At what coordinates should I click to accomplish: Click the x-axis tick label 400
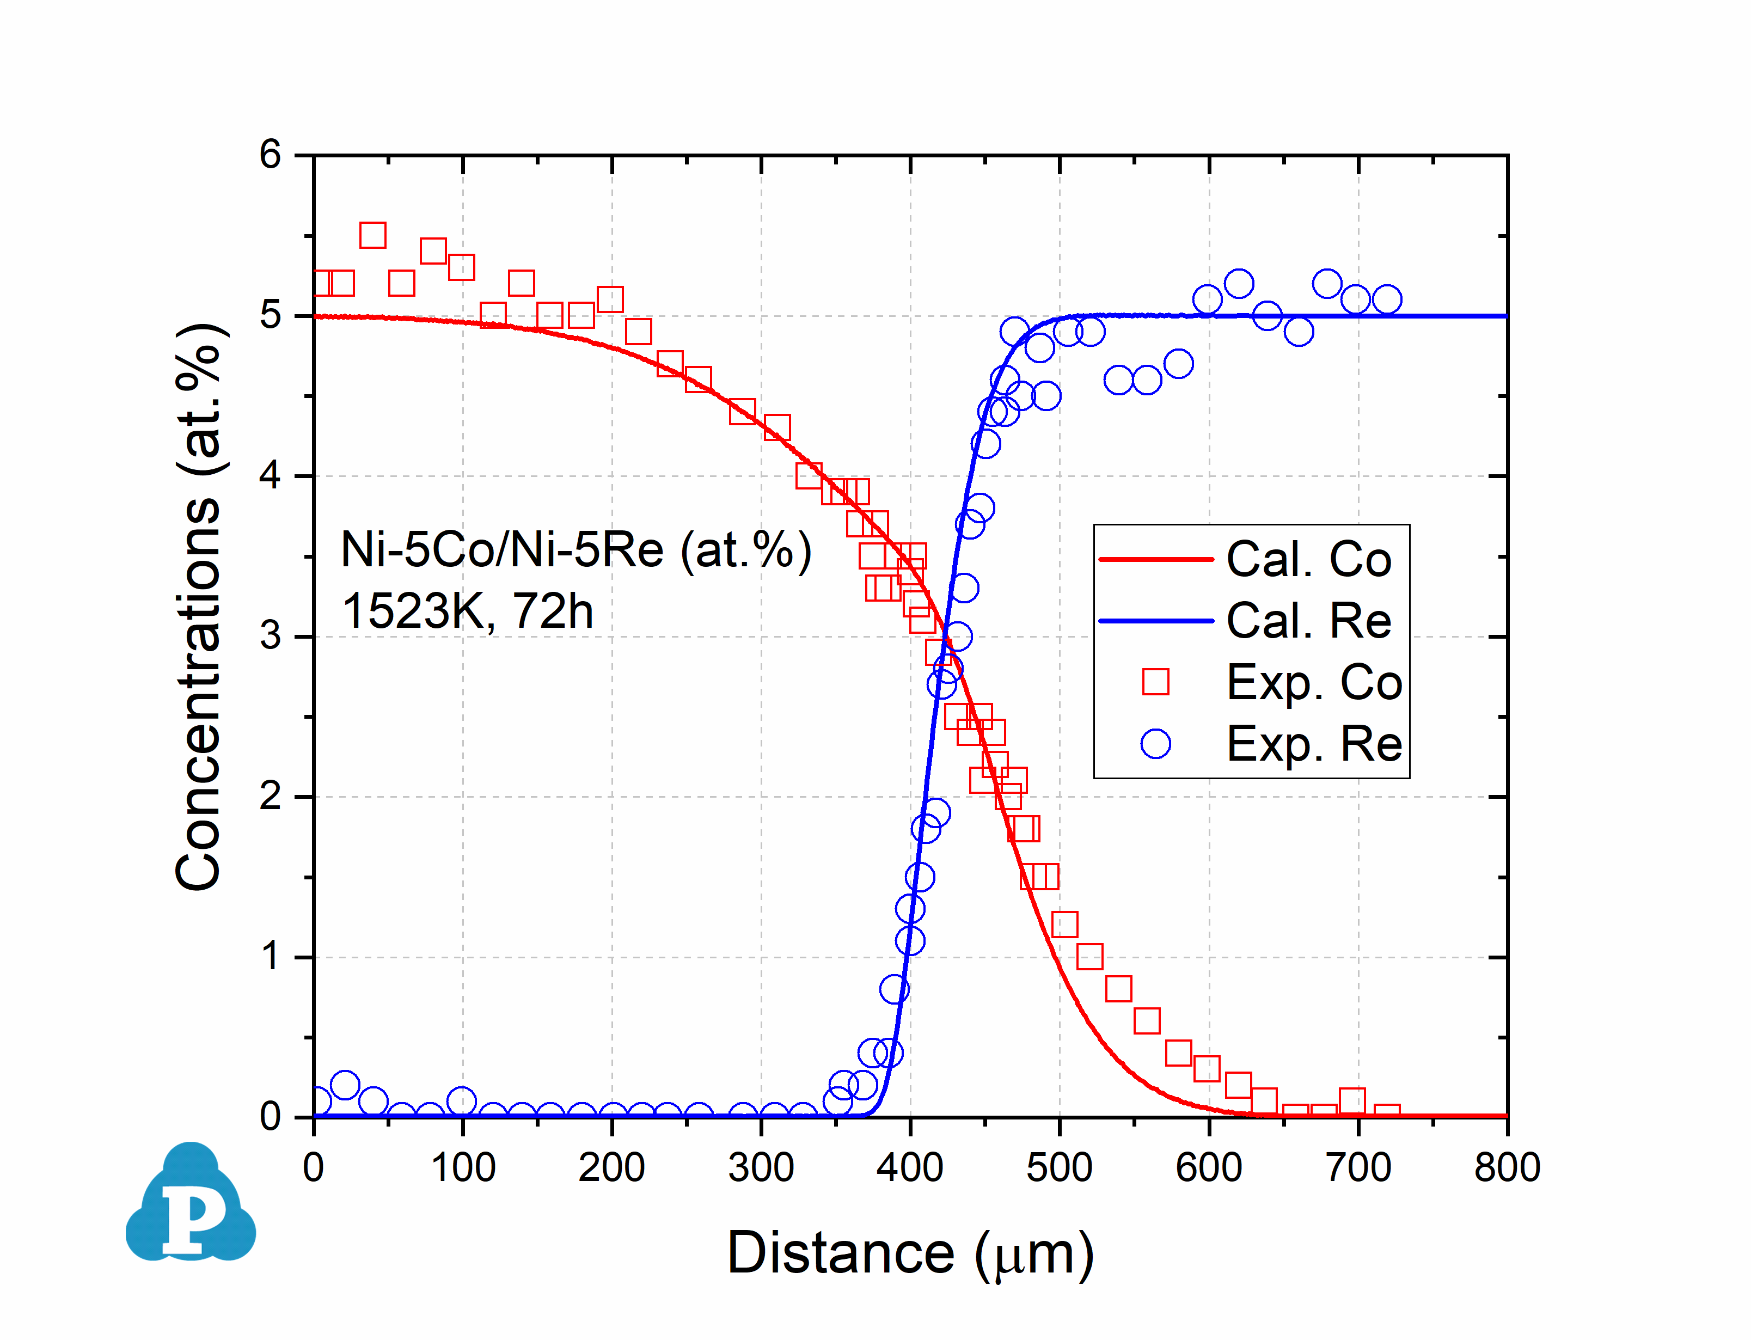click(910, 1168)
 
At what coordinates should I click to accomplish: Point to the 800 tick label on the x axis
click(1506, 1168)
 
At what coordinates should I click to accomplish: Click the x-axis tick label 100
click(462, 1168)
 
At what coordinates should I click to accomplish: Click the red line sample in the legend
click(1155, 559)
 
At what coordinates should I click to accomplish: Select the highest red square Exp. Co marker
click(372, 235)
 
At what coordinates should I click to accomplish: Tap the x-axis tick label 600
click(1209, 1168)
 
